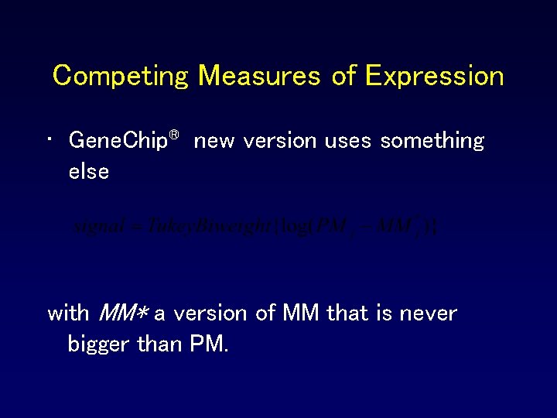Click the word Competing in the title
[121, 76]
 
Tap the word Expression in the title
[434, 76]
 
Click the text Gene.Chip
[118, 142]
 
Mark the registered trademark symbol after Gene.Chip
[175, 135]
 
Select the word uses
[348, 142]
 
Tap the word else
[88, 171]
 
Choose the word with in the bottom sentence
[68, 313]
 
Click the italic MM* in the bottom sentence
[124, 313]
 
